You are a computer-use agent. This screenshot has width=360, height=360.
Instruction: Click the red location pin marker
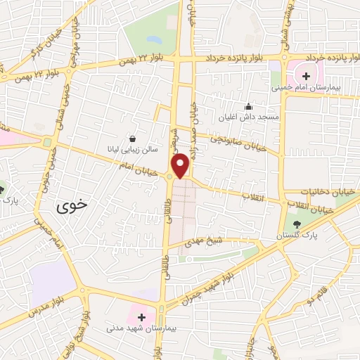[x=180, y=165]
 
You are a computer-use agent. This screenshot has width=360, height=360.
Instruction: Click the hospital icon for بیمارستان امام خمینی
[x=306, y=75]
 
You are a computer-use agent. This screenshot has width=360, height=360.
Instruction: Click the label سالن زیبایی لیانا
[x=131, y=148]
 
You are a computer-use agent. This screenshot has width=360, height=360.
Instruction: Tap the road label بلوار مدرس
[x=49, y=303]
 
